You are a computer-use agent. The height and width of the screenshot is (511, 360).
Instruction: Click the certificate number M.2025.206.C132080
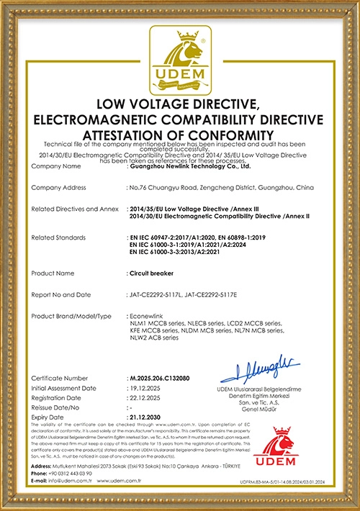click(x=159, y=378)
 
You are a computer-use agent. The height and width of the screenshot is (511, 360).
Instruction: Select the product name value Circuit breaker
click(x=148, y=273)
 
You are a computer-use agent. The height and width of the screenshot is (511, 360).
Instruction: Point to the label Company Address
click(x=60, y=187)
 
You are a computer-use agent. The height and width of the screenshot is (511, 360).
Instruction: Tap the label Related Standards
click(x=58, y=237)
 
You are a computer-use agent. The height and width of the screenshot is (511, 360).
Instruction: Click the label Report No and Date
click(x=62, y=295)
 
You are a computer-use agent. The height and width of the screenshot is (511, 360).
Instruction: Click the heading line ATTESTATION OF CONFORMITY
click(x=179, y=135)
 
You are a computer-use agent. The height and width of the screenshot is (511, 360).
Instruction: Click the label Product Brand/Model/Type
click(x=71, y=317)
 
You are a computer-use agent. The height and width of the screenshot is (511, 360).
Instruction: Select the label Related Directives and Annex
click(x=74, y=209)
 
